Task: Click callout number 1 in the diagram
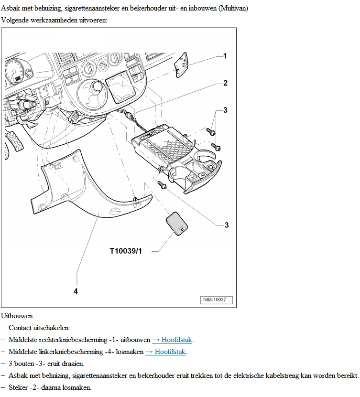[x=225, y=56]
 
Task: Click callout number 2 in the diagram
[x=225, y=83]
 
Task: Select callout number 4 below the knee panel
[x=76, y=291]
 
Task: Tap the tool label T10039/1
[x=126, y=251]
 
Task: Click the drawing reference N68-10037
[x=215, y=300]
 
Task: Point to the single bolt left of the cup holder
[x=162, y=185]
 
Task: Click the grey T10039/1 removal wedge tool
[x=177, y=224]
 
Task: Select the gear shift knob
[x=98, y=86]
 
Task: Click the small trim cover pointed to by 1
[x=181, y=65]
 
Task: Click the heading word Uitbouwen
[x=17, y=316]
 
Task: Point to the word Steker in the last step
[x=18, y=387]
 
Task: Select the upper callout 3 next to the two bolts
[x=225, y=110]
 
